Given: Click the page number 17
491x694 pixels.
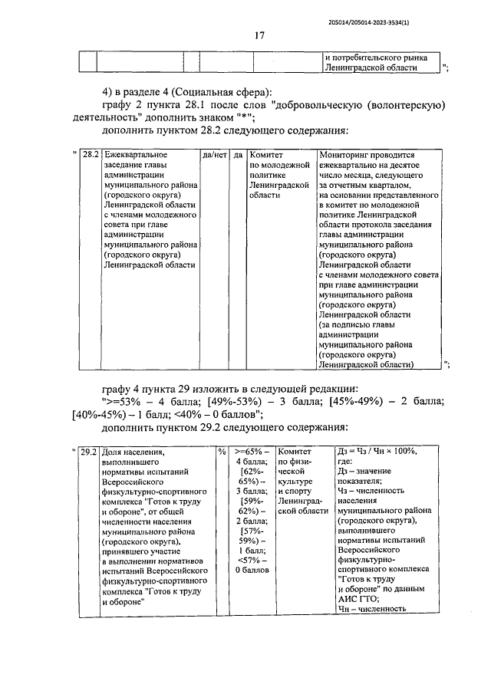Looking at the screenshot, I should click(259, 35).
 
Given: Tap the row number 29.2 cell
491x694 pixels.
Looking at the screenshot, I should click(89, 452).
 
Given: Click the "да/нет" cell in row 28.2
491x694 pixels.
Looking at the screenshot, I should click(214, 154).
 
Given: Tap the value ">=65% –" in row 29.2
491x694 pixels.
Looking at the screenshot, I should click(251, 452).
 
